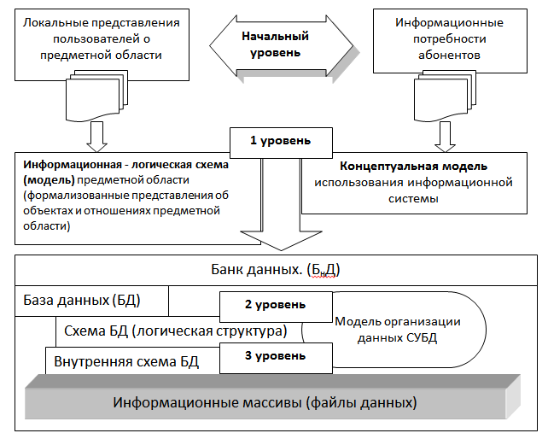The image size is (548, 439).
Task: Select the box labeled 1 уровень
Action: tap(273, 139)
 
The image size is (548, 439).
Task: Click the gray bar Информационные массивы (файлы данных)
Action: tap(265, 401)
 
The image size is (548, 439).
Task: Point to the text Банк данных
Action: tap(274, 271)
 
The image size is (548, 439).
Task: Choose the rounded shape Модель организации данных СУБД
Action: tap(401, 329)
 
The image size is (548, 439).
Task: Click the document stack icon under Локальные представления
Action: tap(96, 94)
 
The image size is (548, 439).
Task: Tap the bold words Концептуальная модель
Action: tap(414, 165)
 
